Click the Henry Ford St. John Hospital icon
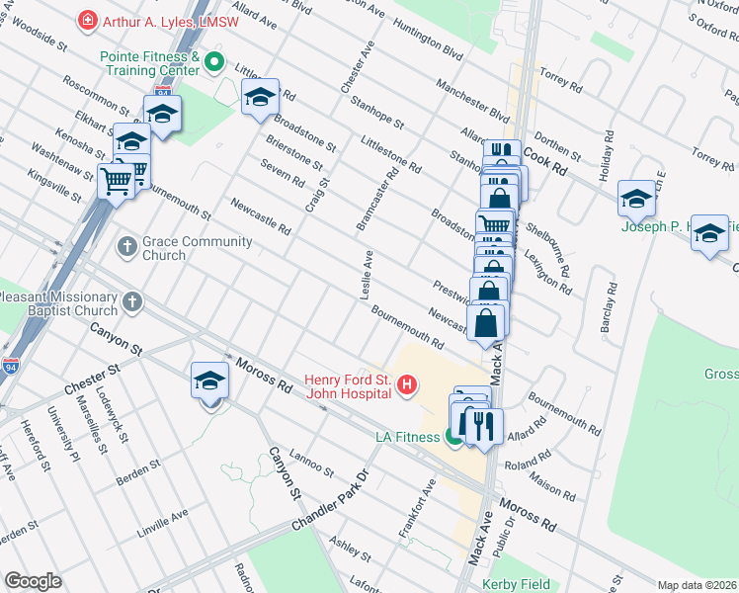point(404,385)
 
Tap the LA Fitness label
point(407,436)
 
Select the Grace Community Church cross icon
point(126,244)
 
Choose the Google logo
point(33,581)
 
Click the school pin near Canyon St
point(209,381)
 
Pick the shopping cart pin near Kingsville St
point(117,182)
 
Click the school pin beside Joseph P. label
point(637,198)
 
